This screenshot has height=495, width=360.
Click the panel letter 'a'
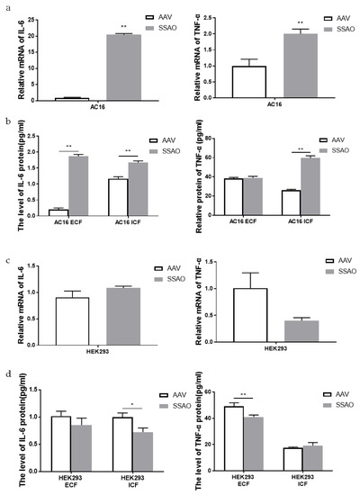[7, 5]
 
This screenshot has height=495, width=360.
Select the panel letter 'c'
[7, 261]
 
